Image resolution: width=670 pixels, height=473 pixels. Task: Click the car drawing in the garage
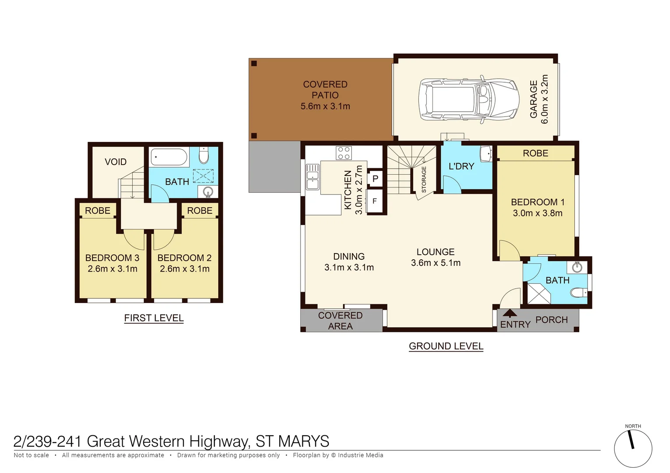pyautogui.click(x=468, y=99)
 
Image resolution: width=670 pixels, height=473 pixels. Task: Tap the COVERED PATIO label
pyautogui.click(x=325, y=89)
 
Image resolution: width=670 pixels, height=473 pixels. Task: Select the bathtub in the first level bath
pyautogui.click(x=169, y=157)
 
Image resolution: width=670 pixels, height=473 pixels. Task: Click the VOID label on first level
pyautogui.click(x=116, y=162)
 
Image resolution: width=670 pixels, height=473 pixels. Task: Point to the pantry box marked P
pyautogui.click(x=375, y=179)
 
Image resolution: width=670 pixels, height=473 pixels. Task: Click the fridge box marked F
pyautogui.click(x=375, y=201)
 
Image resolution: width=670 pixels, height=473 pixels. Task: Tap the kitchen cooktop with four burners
pyautogui.click(x=344, y=153)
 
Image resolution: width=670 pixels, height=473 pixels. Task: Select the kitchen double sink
pyautogui.click(x=312, y=177)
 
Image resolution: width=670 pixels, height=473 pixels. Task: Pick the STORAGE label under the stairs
pyautogui.click(x=424, y=179)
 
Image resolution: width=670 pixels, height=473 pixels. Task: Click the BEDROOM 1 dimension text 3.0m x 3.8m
pyautogui.click(x=538, y=213)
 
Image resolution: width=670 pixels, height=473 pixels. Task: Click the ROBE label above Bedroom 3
pyautogui.click(x=98, y=211)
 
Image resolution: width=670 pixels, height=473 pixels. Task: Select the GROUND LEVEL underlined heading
pyautogui.click(x=446, y=346)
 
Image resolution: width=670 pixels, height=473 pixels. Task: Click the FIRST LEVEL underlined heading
pyautogui.click(x=153, y=318)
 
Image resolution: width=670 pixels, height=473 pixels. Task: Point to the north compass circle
pyautogui.click(x=633, y=448)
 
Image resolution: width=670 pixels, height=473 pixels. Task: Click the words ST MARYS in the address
pyautogui.click(x=292, y=441)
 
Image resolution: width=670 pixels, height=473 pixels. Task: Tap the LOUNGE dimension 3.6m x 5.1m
pyautogui.click(x=436, y=263)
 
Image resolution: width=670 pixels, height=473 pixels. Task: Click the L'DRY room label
pyautogui.click(x=461, y=166)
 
